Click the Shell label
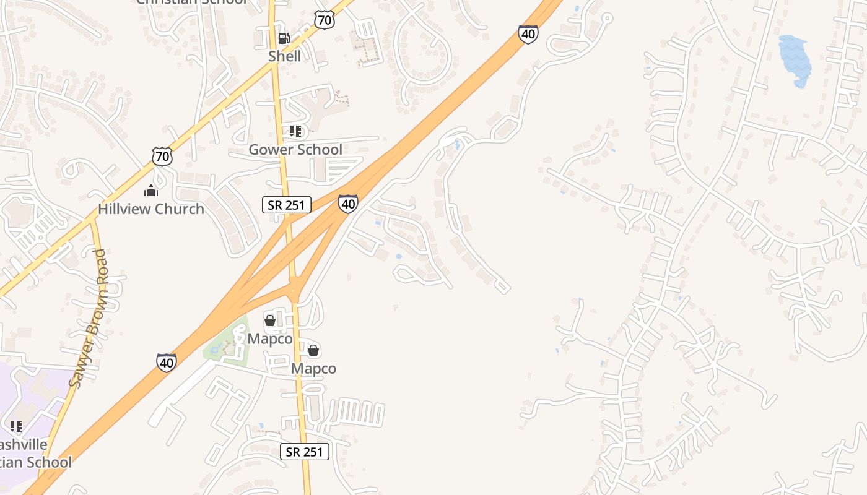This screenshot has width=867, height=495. [284, 56]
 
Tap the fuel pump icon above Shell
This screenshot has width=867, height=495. [284, 38]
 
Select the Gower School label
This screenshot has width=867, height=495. [295, 149]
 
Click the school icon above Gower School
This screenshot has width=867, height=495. [295, 131]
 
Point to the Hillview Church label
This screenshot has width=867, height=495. [151, 209]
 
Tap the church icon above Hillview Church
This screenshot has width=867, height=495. [151, 191]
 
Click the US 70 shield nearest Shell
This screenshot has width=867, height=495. [325, 20]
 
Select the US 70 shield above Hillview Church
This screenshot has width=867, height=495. [162, 157]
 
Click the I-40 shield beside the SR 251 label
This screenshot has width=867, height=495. [348, 204]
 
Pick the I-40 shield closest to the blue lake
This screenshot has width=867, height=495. [528, 34]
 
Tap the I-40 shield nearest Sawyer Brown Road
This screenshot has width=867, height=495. [166, 362]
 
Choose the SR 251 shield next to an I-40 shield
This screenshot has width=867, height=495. [286, 205]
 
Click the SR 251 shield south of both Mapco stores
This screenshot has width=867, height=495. [304, 452]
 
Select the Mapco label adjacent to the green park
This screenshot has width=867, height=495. [270, 339]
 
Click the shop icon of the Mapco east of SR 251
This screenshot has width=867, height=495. [314, 351]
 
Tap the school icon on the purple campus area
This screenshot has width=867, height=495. [16, 426]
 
